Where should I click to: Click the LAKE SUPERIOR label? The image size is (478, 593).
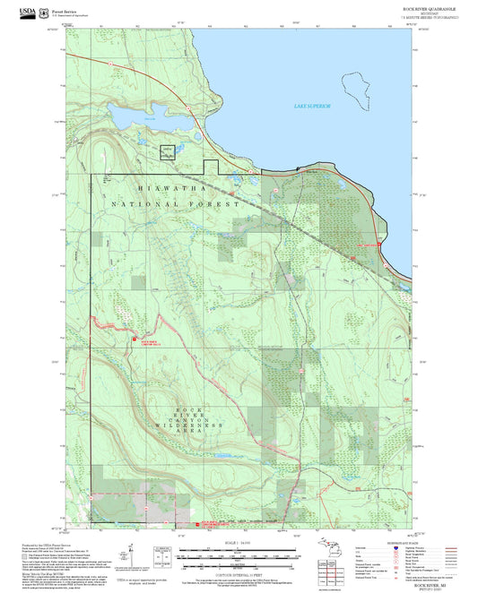[x=312, y=106]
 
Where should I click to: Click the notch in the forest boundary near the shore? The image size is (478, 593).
[x=212, y=166]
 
